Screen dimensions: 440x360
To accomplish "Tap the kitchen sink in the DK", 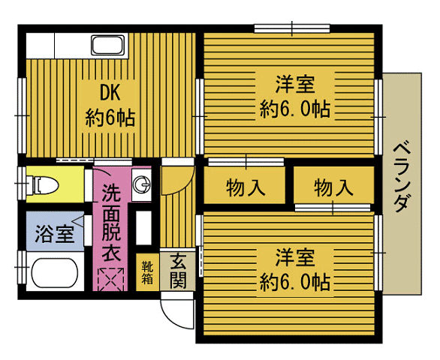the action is (x=108, y=45).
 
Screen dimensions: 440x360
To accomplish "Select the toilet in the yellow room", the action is (x=44, y=184).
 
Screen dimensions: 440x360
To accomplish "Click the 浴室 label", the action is (x=55, y=234).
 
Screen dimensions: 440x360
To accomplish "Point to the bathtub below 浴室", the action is (x=55, y=273).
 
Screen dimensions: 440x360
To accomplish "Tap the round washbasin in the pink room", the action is (x=141, y=184).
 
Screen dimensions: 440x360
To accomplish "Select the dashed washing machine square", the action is (x=110, y=280).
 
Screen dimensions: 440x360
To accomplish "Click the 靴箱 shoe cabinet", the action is (x=147, y=272).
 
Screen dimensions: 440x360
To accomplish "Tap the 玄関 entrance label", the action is (x=178, y=271).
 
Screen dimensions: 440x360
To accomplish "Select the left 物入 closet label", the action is (x=246, y=187).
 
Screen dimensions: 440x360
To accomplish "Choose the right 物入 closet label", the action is (x=333, y=187).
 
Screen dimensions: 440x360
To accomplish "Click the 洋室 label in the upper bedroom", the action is (x=295, y=84).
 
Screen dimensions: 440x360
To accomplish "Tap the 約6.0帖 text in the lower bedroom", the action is (x=294, y=282).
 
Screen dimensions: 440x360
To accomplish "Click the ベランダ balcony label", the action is (x=402, y=177).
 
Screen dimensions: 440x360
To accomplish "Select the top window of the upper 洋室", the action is (x=292, y=28).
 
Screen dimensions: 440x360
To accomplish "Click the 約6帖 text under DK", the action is (x=110, y=118).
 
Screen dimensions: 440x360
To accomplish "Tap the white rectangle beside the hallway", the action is (x=143, y=227).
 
